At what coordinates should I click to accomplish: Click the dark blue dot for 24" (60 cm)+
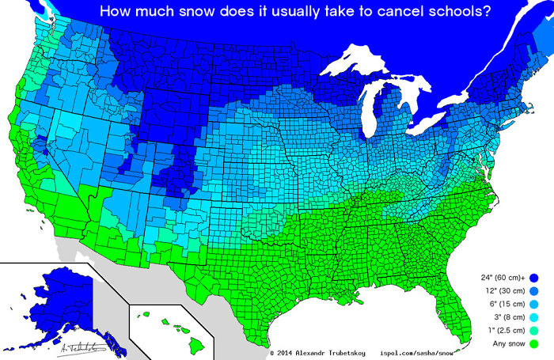point(533,278)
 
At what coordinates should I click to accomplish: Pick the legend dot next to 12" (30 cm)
point(533,291)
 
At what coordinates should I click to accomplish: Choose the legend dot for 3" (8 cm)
point(533,318)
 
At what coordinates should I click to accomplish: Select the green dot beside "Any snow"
point(533,345)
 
